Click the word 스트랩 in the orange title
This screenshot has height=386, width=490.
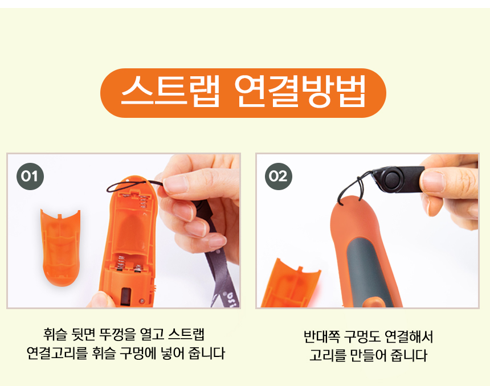[169, 93]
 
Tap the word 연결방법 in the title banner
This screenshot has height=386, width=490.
[300, 93]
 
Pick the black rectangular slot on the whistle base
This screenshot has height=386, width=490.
[125, 295]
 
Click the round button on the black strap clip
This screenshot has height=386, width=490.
[393, 179]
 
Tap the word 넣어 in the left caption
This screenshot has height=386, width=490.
[175, 353]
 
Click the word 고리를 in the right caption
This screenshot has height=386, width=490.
[327, 356]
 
